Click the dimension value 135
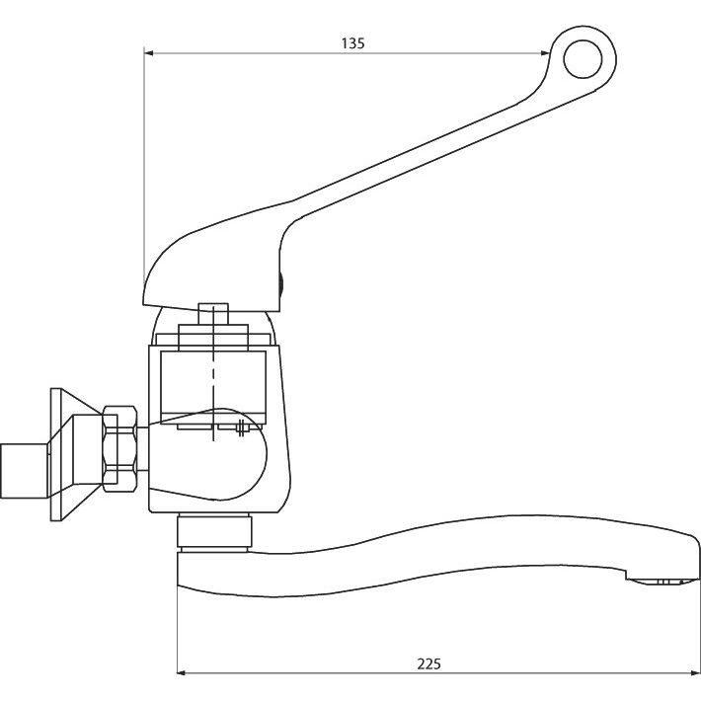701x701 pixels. point(353,43)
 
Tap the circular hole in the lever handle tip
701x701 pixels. point(583,59)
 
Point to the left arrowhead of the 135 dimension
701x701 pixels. point(148,53)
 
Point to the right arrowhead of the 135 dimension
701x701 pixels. point(545,53)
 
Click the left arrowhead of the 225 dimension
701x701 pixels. point(182,672)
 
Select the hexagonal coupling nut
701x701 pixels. point(119,449)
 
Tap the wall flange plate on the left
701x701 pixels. point(56,454)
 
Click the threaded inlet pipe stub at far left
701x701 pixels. point(24,471)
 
